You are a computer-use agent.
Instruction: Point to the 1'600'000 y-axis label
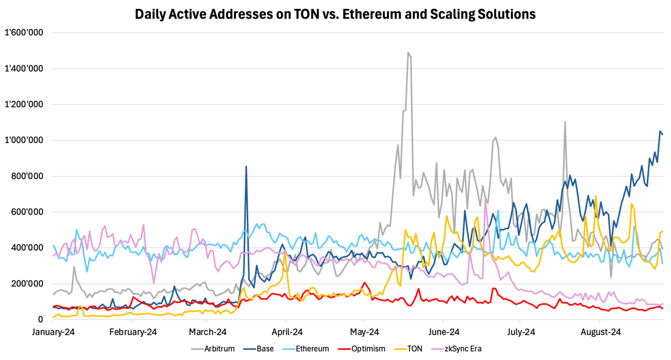point(24,32)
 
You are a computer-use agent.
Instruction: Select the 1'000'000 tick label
point(24,140)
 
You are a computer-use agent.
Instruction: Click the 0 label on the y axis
point(40,320)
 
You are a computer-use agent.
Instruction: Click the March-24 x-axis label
point(208,332)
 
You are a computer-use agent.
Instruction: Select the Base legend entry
point(265,349)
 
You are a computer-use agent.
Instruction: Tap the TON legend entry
point(413,349)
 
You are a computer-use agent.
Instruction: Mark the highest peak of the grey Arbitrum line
point(408,53)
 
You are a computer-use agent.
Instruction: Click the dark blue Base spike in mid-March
point(246,167)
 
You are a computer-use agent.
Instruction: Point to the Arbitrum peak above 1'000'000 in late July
point(564,122)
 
